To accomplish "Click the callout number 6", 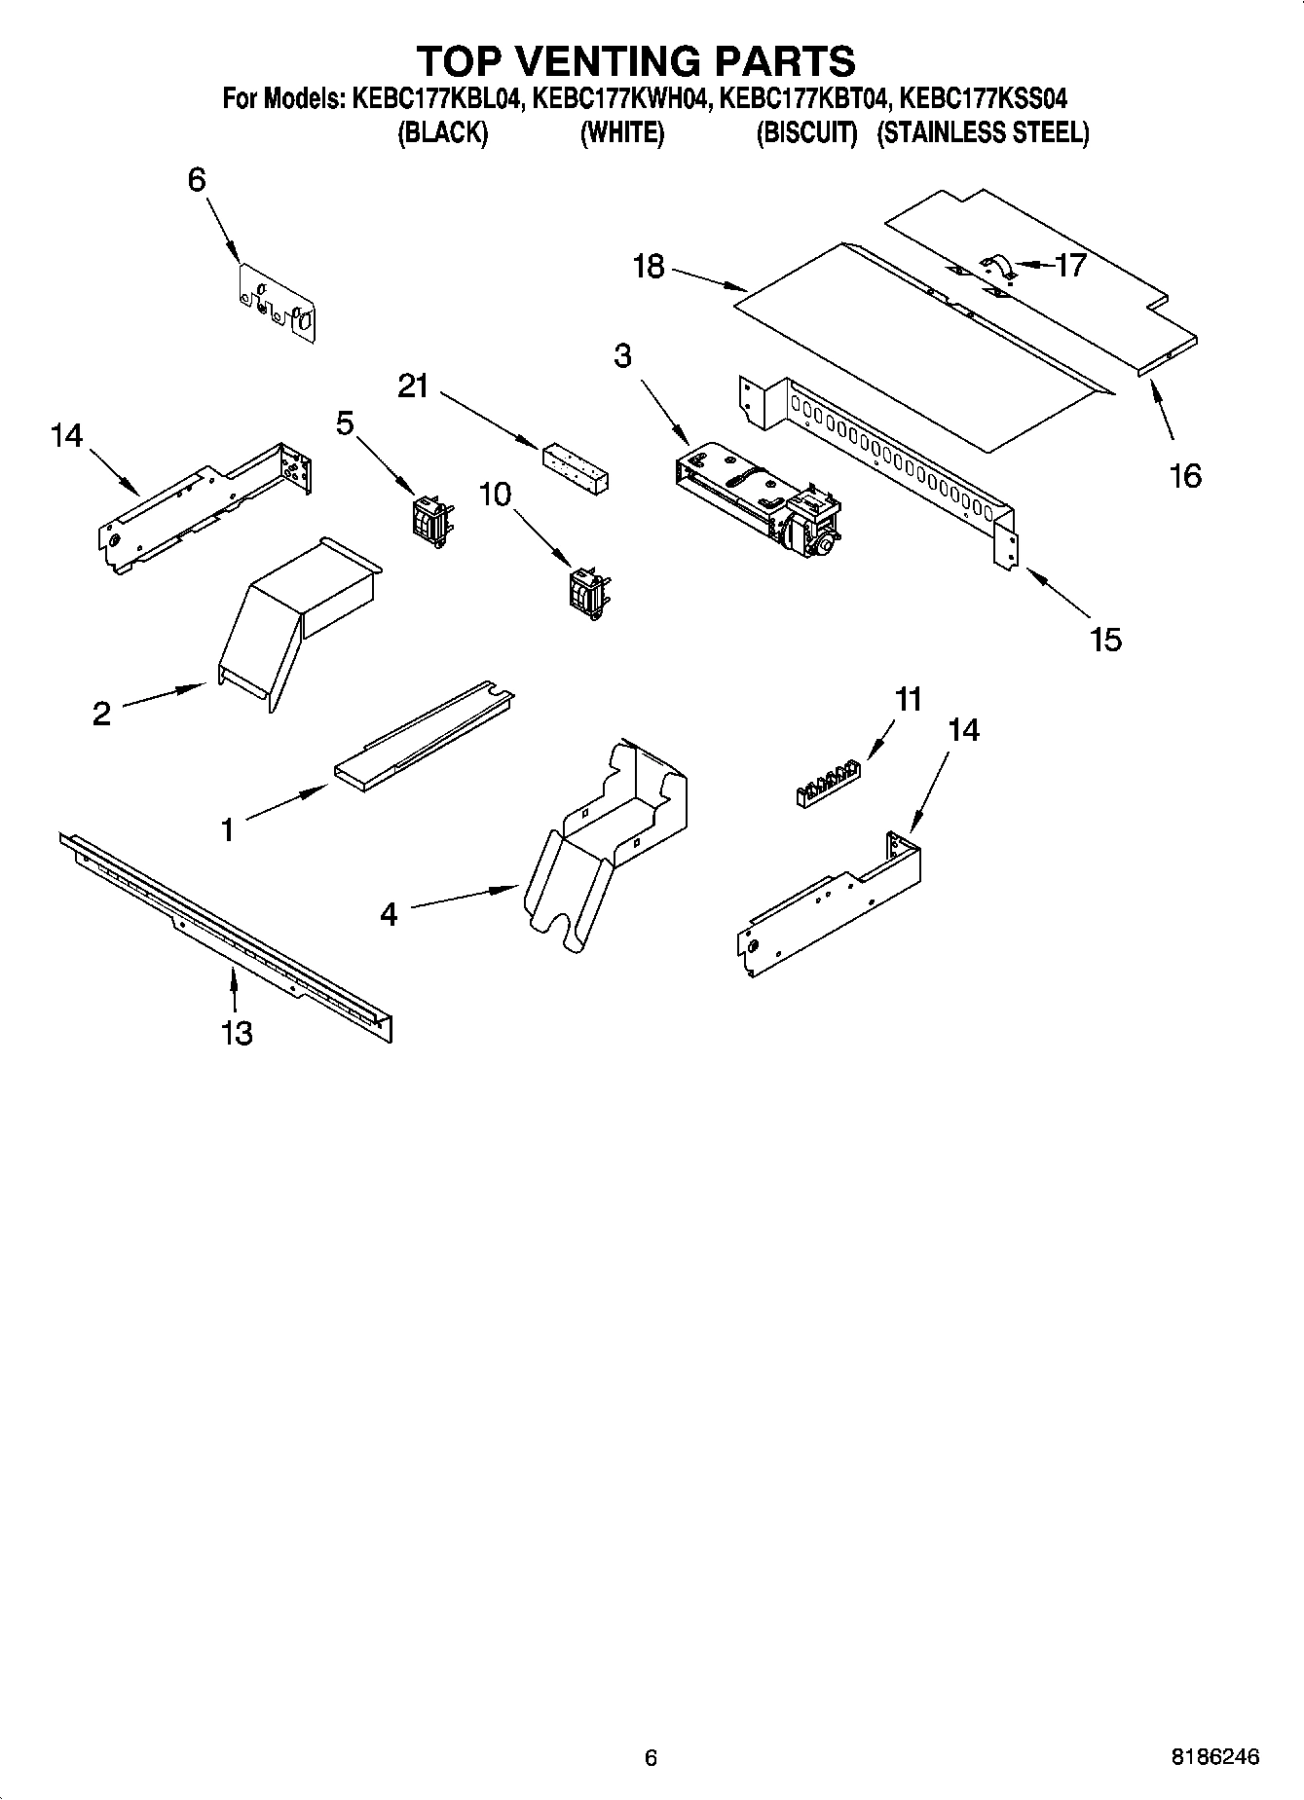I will (x=197, y=180).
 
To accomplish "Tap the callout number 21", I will (x=413, y=386).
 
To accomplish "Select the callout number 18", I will (x=649, y=266).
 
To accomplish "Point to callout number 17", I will (x=1070, y=265).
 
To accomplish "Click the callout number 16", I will (x=1185, y=476).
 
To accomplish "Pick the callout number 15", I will (x=1106, y=640).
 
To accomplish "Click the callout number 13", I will (x=237, y=1032).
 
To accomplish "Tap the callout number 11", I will (x=909, y=699).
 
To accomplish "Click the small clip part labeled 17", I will (x=996, y=265).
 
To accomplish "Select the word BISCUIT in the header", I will (x=806, y=133).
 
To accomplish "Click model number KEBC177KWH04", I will (x=618, y=98).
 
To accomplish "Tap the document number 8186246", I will (x=1214, y=1757).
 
